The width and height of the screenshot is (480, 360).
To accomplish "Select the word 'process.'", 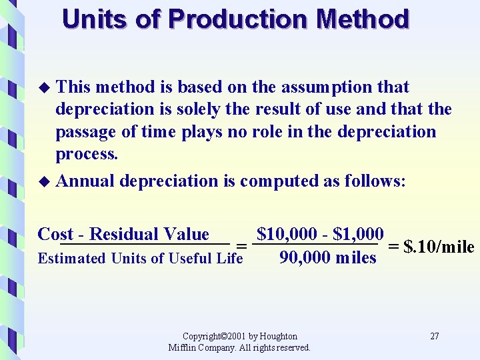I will [87, 154].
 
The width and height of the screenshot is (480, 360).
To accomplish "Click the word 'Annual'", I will [85, 181].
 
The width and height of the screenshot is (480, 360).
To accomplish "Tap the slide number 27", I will [435, 336].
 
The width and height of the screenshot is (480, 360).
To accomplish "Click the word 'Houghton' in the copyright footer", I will [278, 336].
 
